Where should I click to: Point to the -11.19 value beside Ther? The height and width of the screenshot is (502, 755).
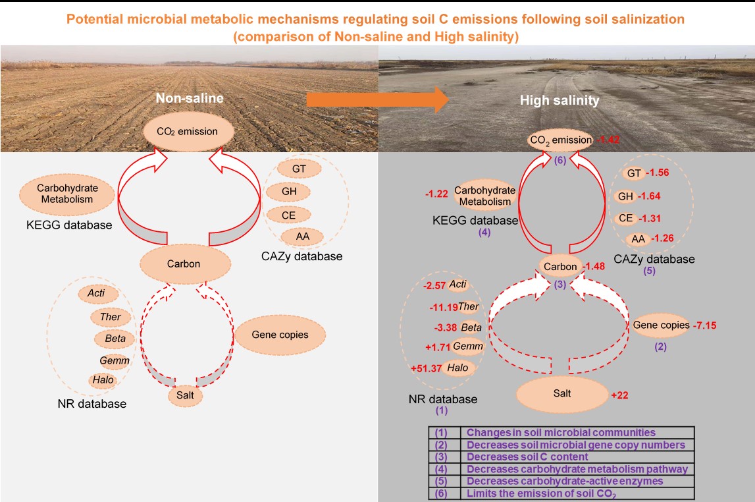[x=442, y=306]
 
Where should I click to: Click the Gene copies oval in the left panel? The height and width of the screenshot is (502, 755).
[x=280, y=335]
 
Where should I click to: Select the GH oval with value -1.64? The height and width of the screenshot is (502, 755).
[x=625, y=196]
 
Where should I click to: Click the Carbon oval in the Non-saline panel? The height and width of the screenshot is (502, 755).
[x=184, y=264]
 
